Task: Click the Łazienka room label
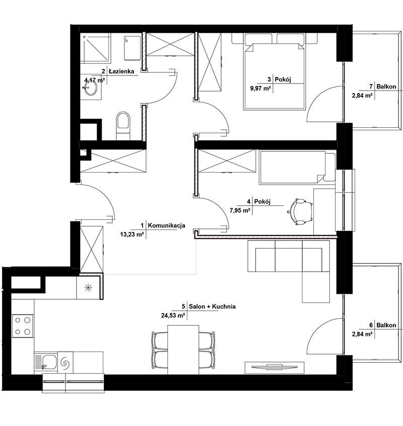(x=121, y=71)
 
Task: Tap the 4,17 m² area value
(x=95, y=80)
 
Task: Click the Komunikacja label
(x=167, y=225)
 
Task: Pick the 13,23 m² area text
(x=132, y=234)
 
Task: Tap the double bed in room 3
(x=275, y=72)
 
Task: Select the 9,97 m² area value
(x=260, y=89)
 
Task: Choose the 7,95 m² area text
(x=240, y=210)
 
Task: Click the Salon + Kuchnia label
(x=212, y=306)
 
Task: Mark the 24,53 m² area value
(x=173, y=315)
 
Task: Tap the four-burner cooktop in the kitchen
(x=23, y=326)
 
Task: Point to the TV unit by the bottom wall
(x=274, y=368)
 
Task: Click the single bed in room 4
(x=297, y=167)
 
